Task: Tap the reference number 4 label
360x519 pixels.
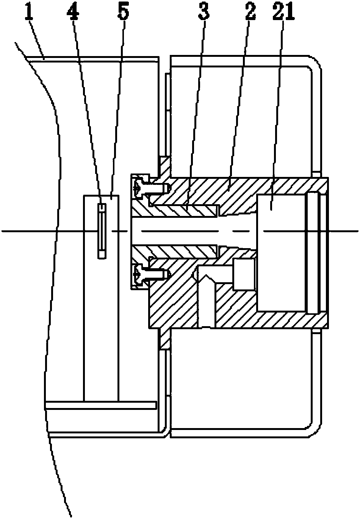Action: click(x=73, y=14)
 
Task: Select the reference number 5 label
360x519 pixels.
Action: click(x=123, y=14)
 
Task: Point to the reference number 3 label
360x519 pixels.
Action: click(x=203, y=14)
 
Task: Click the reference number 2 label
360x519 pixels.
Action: click(x=249, y=14)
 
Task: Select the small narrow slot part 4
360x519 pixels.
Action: click(x=102, y=231)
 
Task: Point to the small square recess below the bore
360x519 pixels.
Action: click(x=244, y=274)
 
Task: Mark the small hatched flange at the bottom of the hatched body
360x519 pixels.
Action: click(x=164, y=338)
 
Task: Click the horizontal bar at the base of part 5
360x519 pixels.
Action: click(x=100, y=405)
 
